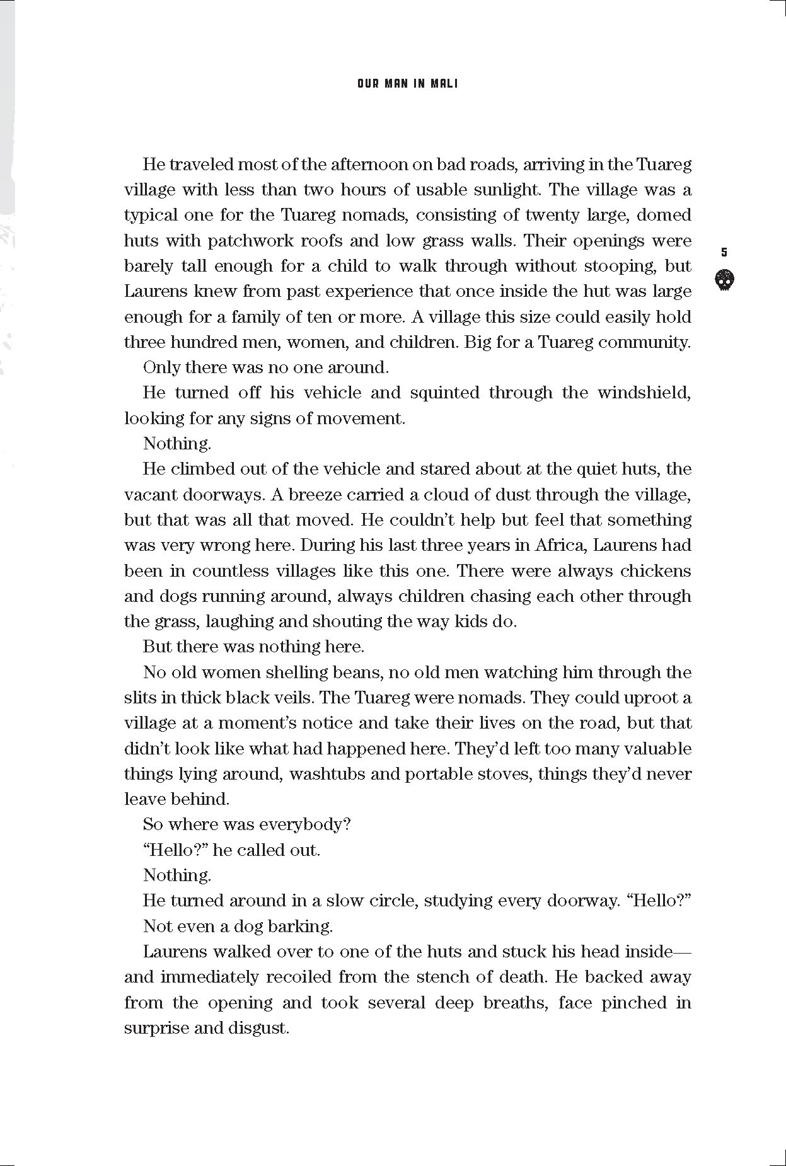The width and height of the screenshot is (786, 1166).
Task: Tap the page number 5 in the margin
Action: coord(724,252)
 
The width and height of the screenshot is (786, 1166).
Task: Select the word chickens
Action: coord(656,571)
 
